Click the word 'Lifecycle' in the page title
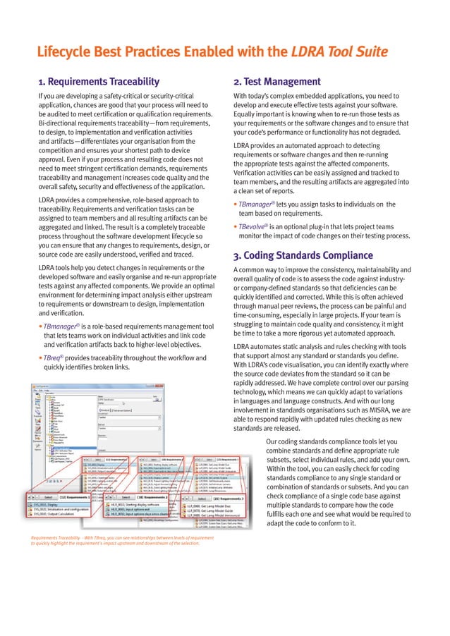(68, 51)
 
